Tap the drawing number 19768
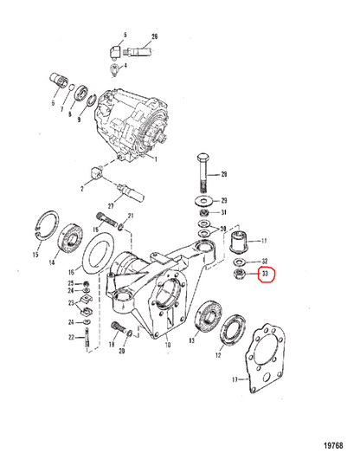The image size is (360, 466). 333,445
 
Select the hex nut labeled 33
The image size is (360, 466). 239,275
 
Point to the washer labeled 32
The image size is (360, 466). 239,262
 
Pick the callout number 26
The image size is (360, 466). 154,37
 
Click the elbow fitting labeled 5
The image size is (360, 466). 114,51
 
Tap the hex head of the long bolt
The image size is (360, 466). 202,159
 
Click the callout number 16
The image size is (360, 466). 71,272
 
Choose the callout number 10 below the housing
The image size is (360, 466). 168,345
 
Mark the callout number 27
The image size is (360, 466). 111,205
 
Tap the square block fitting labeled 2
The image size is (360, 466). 96,173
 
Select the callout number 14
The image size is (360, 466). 52,262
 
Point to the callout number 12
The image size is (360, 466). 218,355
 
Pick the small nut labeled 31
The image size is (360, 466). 203,212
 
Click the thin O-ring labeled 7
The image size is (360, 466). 72,87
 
